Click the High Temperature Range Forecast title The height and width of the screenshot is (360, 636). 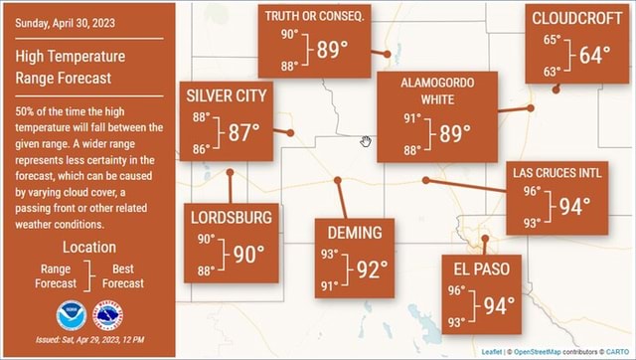click(x=71, y=67)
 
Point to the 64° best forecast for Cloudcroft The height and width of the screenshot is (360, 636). click(x=594, y=55)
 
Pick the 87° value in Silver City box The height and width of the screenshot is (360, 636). click(x=242, y=132)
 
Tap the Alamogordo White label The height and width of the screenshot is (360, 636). click(x=437, y=90)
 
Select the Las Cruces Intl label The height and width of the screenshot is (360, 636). click(x=556, y=172)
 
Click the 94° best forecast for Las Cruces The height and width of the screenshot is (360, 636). click(x=574, y=206)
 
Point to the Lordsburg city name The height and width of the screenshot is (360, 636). click(x=231, y=217)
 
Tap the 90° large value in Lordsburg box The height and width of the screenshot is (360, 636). click(x=247, y=255)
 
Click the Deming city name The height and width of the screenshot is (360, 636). click(x=353, y=233)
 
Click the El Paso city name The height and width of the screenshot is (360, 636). click(x=482, y=270)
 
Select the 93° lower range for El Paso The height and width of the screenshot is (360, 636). click(x=456, y=322)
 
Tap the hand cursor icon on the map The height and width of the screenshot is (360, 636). click(x=366, y=141)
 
